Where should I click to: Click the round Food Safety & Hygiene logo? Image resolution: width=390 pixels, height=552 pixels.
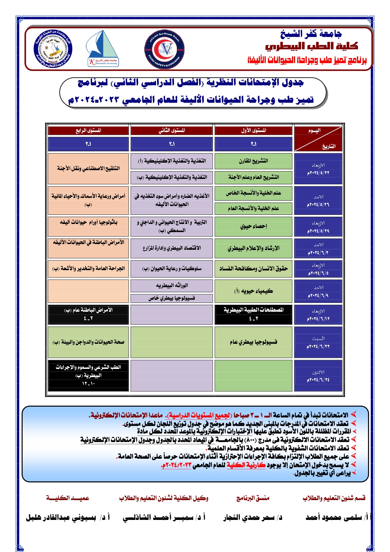(x=164, y=49)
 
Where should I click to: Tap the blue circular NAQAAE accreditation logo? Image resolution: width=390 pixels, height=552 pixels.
(x=53, y=49)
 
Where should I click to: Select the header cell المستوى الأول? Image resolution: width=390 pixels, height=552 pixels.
(x=253, y=131)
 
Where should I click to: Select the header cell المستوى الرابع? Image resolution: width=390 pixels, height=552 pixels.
(x=88, y=131)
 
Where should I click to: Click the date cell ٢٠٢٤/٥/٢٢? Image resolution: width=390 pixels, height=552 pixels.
(x=318, y=169)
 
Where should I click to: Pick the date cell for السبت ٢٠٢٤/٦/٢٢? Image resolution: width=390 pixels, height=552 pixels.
(x=318, y=343)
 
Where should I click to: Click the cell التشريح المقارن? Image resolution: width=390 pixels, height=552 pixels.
(x=253, y=161)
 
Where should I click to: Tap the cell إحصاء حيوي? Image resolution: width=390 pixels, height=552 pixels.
(x=253, y=226)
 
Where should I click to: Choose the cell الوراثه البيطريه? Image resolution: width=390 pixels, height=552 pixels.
(x=172, y=286)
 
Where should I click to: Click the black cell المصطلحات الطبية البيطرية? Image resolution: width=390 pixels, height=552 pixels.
(x=253, y=314)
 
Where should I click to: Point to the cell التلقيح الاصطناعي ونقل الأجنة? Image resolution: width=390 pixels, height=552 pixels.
(x=88, y=169)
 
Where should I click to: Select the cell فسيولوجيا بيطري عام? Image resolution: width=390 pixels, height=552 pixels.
(x=253, y=342)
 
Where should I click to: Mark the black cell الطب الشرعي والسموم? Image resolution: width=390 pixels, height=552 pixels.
(x=88, y=375)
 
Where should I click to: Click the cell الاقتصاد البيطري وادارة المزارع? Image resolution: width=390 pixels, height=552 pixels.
(x=172, y=248)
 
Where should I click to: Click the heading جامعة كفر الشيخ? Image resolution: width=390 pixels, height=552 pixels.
(x=311, y=34)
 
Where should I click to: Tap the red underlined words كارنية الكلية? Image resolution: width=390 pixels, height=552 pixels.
(x=246, y=465)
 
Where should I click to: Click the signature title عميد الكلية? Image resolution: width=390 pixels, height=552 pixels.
(x=68, y=498)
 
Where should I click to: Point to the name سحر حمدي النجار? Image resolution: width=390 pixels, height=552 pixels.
(x=253, y=517)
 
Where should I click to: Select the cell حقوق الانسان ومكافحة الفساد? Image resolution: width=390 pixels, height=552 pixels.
(x=253, y=269)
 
